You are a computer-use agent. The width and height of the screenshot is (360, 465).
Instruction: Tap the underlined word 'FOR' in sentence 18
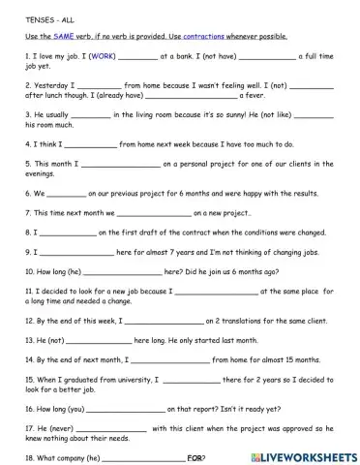pyautogui.click(x=195, y=456)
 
